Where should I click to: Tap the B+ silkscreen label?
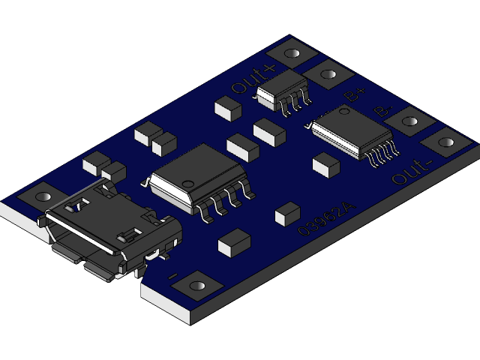(x=354, y=94)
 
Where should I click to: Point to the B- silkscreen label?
(x=382, y=110)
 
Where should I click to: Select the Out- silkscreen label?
(x=412, y=172)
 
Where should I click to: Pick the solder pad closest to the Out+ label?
(x=290, y=53)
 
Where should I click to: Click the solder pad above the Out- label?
(x=447, y=141)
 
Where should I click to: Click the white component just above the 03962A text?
(x=287, y=214)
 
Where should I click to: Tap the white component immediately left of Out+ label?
(x=228, y=108)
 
